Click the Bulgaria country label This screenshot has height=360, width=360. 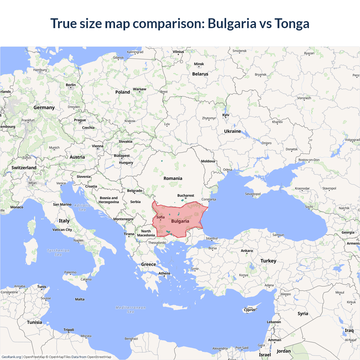click(180, 221)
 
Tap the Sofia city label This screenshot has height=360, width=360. click(160, 217)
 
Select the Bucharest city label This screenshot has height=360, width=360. click(186, 195)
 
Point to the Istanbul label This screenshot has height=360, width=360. click(211, 238)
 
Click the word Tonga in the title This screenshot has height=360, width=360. click(292, 23)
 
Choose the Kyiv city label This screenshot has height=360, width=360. click(226, 115)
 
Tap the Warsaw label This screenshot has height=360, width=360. click(139, 89)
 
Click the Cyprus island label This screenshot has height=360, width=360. click(249, 310)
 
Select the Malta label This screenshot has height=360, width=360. click(80, 299)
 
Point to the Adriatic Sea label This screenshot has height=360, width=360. click(82, 208)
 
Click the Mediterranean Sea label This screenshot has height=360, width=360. click(130, 309)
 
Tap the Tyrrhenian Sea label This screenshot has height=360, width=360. click(58, 252)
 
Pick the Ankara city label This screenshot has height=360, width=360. click(247, 251)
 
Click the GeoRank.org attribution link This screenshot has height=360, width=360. click(11, 357)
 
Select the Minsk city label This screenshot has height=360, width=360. click(199, 64)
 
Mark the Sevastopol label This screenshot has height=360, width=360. click(253, 194)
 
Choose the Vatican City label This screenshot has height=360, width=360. click(62, 229)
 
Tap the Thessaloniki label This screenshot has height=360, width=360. click(157, 243)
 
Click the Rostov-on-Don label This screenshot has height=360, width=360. click(309, 160)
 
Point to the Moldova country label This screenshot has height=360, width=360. click(208, 161)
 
